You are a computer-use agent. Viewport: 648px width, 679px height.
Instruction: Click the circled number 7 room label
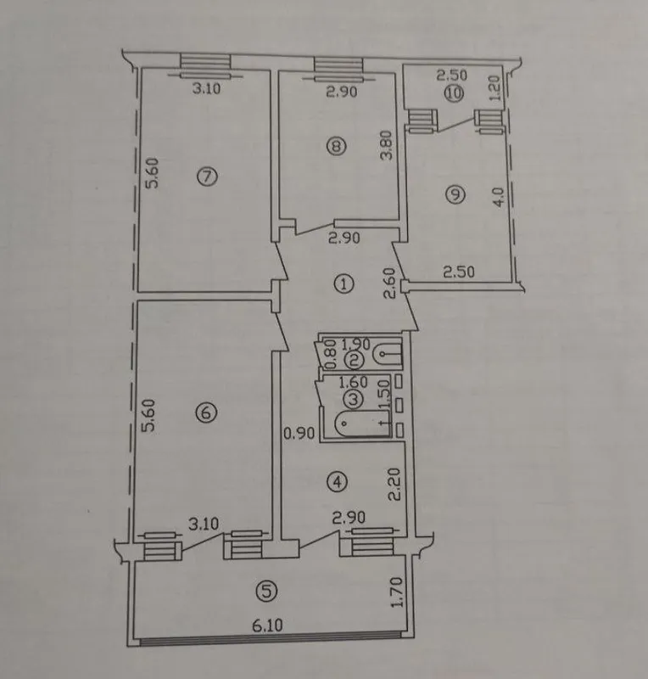click(x=206, y=177)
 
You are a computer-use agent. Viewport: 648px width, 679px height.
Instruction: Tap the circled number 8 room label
click(x=336, y=146)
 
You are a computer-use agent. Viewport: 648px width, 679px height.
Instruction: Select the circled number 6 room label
click(x=205, y=412)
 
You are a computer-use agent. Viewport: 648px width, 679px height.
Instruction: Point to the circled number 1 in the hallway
click(x=344, y=284)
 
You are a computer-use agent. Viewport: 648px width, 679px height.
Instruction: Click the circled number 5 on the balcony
click(x=266, y=591)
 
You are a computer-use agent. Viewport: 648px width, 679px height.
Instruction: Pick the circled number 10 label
click(x=455, y=93)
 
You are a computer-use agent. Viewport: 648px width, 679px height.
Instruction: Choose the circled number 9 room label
click(x=455, y=194)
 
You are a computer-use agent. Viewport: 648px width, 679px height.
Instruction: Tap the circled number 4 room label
click(x=338, y=481)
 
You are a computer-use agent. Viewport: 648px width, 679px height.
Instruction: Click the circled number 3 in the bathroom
click(x=354, y=399)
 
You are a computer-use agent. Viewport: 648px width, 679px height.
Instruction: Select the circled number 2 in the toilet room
click(x=355, y=360)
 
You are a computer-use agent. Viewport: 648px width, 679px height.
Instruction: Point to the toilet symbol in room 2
click(x=387, y=354)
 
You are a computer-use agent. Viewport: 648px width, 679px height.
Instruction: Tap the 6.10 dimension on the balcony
click(x=267, y=626)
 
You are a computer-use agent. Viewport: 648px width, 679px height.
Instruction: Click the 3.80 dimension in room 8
click(x=387, y=146)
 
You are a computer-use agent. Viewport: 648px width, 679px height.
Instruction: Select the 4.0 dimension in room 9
click(x=499, y=197)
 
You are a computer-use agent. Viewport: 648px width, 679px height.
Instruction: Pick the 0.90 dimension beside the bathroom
click(x=299, y=433)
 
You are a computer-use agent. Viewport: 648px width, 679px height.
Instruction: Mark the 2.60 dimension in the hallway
click(x=389, y=283)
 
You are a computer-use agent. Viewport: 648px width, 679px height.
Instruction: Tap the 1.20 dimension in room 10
click(x=495, y=88)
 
